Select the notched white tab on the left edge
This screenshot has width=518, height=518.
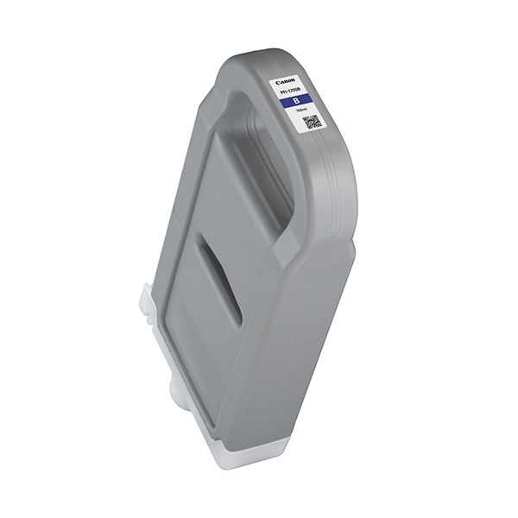pyautogui.click(x=147, y=306)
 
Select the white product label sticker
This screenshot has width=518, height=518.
pyautogui.click(x=298, y=102)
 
